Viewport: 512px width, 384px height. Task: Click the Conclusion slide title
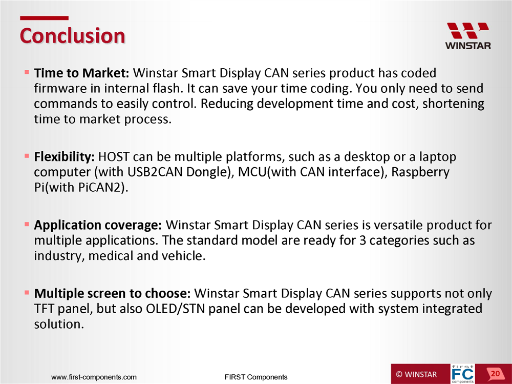pyautogui.click(x=73, y=35)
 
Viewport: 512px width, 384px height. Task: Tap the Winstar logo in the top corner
pyautogui.click(x=468, y=36)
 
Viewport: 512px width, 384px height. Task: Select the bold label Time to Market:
pyautogui.click(x=82, y=73)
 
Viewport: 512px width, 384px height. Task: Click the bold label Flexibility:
pyautogui.click(x=65, y=157)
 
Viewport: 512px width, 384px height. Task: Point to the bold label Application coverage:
pyautogui.click(x=98, y=226)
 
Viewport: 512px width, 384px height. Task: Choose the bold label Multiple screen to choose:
pyautogui.click(x=112, y=294)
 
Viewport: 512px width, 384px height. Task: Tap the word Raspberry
pyautogui.click(x=420, y=173)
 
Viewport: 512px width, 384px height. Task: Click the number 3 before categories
pyautogui.click(x=362, y=241)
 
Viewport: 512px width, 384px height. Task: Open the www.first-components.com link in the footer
pyautogui.click(x=94, y=377)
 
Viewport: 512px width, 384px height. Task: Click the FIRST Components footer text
pyautogui.click(x=256, y=377)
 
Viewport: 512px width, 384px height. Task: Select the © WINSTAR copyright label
pyautogui.click(x=416, y=374)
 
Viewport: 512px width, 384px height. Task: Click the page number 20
pyautogui.click(x=495, y=374)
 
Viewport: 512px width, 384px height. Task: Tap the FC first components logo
pyautogui.click(x=463, y=374)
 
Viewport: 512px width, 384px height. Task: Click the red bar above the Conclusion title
pyautogui.click(x=44, y=18)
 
